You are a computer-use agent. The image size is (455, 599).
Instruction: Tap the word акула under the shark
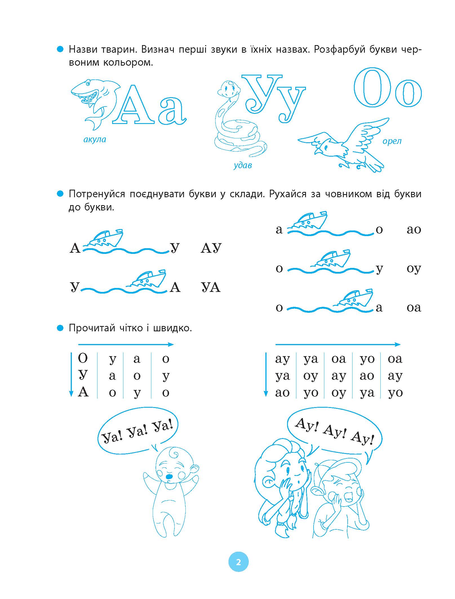pos(95,139)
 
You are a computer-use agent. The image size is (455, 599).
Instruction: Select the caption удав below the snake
pos(243,165)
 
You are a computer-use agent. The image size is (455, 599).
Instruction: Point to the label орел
pos(392,141)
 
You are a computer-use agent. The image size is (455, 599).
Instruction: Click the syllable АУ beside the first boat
pos(211,248)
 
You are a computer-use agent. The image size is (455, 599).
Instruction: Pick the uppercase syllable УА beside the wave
pos(211,287)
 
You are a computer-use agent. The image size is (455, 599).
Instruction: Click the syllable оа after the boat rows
pos(414,307)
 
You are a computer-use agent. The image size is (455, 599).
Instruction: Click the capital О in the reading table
pos(83,358)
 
